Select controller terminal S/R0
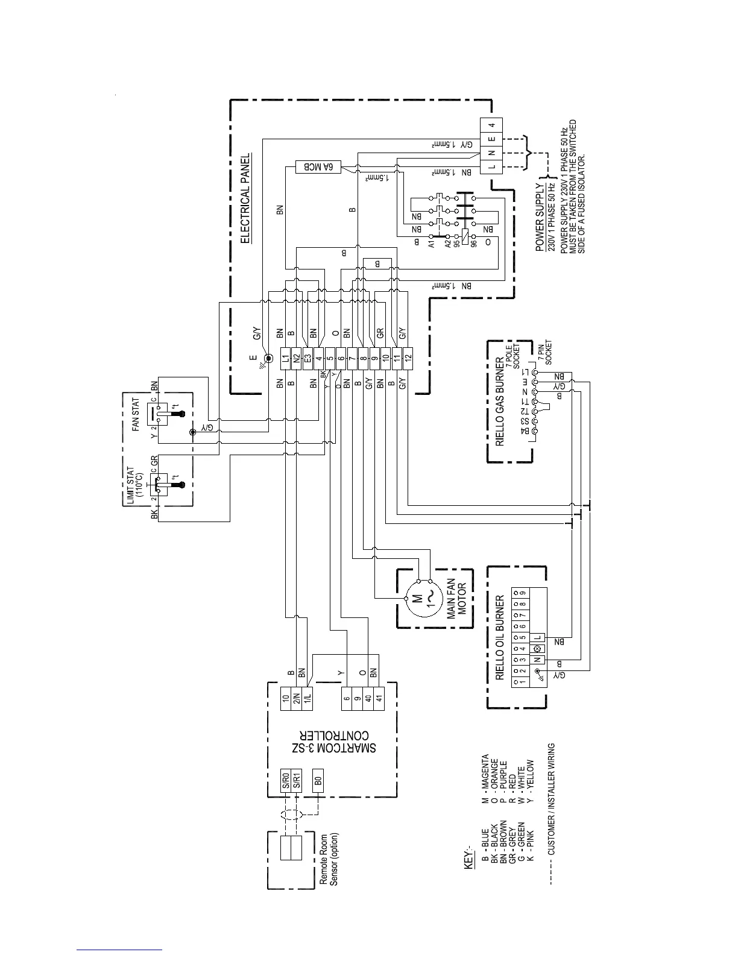click(x=285, y=783)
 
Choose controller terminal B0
click(x=317, y=783)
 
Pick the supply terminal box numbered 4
click(x=492, y=125)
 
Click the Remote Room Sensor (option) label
click(x=329, y=859)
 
